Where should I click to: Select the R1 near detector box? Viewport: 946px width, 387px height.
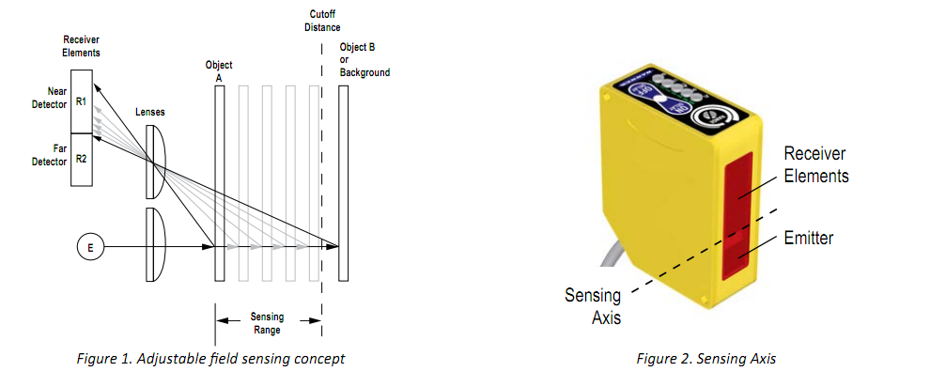81,101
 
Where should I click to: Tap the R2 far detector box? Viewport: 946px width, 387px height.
81,160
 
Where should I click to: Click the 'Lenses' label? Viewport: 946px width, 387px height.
150,112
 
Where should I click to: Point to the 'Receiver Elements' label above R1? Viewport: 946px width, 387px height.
81,47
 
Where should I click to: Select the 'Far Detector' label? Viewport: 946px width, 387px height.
53,154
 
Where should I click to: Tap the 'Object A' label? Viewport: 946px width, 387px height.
219,71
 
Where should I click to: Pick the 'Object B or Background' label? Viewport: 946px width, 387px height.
364,60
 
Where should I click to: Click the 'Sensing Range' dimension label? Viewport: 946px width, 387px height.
268,323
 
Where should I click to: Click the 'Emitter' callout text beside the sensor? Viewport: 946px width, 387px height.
809,239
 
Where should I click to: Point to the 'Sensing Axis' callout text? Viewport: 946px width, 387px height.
593,305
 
